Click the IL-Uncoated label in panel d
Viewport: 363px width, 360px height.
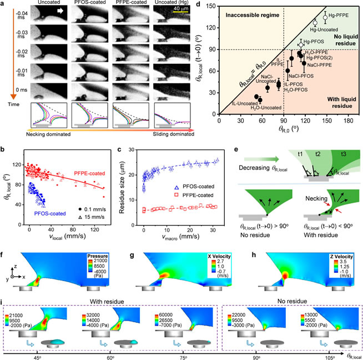coord(243,104)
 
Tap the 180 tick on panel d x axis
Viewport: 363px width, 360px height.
coord(347,121)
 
